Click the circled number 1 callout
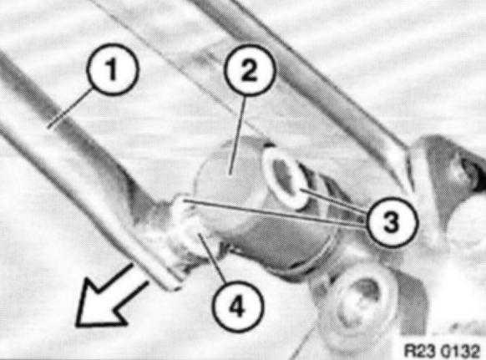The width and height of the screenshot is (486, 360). point(112,68)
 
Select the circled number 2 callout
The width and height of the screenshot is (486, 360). point(249,70)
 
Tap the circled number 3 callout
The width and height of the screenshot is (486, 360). point(392,222)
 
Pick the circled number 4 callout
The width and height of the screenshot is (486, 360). point(237,306)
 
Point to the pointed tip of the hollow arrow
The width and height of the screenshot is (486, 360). point(77,326)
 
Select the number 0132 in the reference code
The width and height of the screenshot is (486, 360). point(461,351)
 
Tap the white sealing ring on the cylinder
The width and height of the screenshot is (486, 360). point(285,178)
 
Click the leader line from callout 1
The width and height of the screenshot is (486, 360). point(70,108)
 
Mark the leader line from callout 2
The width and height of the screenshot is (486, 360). point(238,134)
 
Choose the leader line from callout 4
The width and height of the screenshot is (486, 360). point(212,258)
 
